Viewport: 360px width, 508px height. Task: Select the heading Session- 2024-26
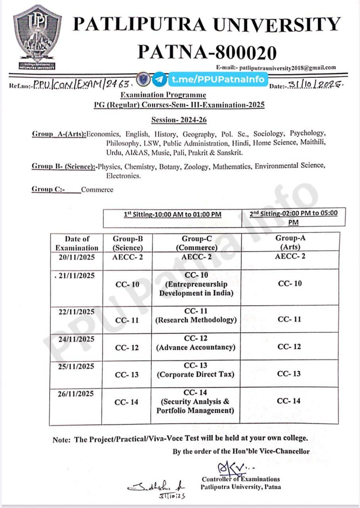[179, 120]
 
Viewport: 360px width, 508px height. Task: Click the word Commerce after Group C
[97, 190]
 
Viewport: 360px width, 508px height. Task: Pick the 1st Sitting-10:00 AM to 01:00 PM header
[172, 215]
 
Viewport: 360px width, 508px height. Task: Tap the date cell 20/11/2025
[77, 257]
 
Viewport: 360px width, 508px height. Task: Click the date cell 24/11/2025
[77, 339]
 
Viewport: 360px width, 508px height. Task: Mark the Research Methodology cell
[196, 316]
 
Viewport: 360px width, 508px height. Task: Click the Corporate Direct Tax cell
[196, 370]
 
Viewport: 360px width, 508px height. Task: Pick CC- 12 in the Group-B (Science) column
[127, 348]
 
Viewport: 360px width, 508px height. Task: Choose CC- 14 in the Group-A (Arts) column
[289, 401]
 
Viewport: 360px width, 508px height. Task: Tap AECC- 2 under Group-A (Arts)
[290, 256]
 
